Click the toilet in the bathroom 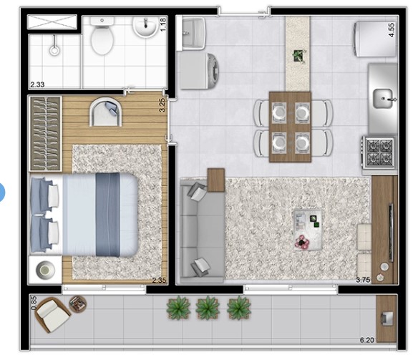(x=103, y=41)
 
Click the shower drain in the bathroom (x=54, y=51)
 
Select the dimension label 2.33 (x=38, y=85)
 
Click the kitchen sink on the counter (x=384, y=97)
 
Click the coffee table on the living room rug (x=308, y=229)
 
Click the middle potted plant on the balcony (x=208, y=308)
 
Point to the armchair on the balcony (x=52, y=313)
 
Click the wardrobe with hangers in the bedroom (x=44, y=130)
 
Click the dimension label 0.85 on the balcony (x=33, y=303)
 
